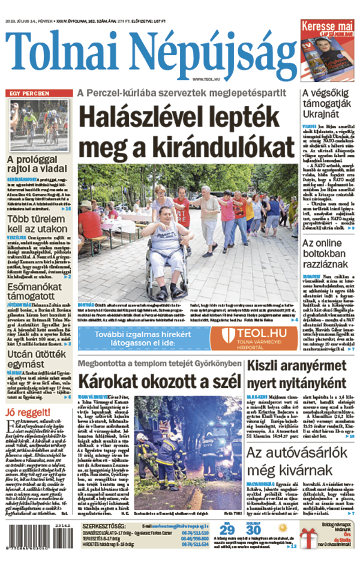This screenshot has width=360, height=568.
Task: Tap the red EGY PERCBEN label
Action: click(x=28, y=94)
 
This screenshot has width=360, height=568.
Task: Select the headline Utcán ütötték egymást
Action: click(x=30, y=348)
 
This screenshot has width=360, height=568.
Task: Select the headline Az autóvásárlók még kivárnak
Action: click(x=301, y=444)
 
